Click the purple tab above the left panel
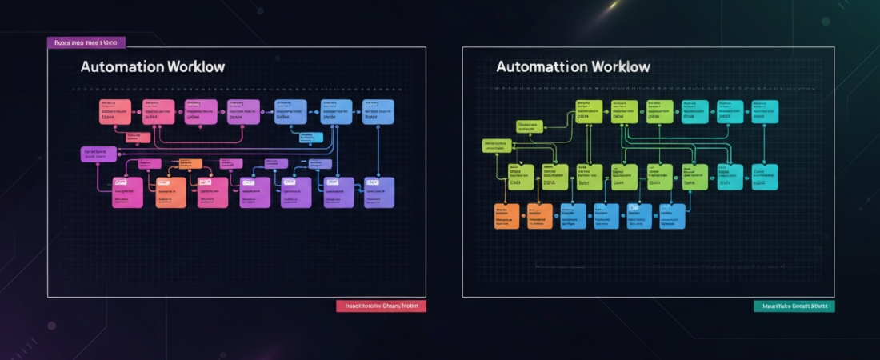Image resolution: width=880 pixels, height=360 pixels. point(86,42)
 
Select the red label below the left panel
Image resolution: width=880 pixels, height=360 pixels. point(381,306)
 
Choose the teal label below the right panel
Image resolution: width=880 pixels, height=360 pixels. point(794,306)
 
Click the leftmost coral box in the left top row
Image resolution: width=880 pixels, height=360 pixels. point(114,112)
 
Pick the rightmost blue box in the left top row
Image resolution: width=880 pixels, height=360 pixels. point(378,112)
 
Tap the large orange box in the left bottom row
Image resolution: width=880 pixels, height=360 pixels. point(170,193)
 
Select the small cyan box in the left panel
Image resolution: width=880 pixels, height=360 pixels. point(310,138)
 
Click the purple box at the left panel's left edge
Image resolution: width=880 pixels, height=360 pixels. point(98,154)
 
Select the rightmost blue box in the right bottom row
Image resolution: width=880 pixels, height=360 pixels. point(672,216)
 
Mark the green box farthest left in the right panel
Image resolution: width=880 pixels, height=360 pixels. point(498,146)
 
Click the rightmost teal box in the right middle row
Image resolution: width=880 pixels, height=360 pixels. point(763,177)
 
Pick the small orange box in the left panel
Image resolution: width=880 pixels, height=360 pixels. point(190,164)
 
